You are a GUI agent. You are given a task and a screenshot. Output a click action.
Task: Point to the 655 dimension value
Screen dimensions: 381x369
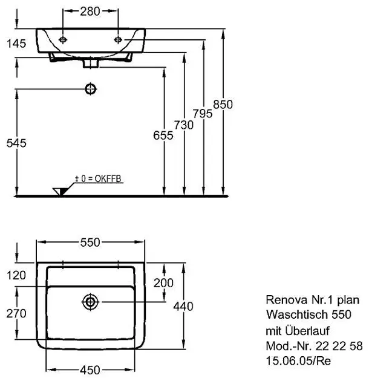click(164, 135)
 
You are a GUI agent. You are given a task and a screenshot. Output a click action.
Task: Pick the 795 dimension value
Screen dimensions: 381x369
click(203, 114)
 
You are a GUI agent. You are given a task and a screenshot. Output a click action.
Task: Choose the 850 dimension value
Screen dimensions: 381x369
click(223, 104)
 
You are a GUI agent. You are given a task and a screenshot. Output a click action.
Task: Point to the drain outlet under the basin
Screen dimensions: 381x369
click(91, 62)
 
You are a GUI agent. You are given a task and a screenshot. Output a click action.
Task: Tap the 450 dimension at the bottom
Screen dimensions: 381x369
click(90, 370)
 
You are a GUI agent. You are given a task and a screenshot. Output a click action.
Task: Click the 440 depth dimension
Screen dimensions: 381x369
click(183, 307)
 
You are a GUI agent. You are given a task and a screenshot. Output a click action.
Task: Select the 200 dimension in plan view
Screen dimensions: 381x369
click(163, 282)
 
